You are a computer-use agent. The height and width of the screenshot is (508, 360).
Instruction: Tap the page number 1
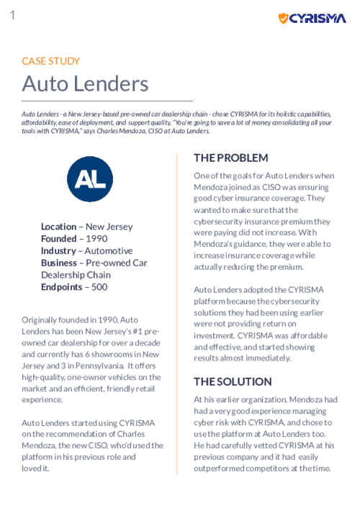[x=12, y=14]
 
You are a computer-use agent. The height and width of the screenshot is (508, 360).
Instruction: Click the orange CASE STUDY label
[x=50, y=61]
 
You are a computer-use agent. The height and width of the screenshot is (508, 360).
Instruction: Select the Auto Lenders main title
[x=85, y=83]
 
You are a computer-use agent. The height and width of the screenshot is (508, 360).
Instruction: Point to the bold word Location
[x=58, y=227]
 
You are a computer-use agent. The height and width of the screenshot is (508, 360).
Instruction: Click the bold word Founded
[x=58, y=239]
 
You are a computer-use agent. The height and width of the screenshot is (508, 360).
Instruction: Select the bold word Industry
[x=58, y=251]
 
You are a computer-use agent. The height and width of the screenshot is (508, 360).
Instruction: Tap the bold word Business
[x=60, y=263]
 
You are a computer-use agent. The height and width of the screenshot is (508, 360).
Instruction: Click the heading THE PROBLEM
[x=230, y=158]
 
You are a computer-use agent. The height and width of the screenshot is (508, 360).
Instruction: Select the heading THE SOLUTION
[x=233, y=381]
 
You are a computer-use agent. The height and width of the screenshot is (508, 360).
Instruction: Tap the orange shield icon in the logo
[x=284, y=18]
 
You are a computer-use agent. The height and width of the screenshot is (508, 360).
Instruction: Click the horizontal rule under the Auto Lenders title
[x=107, y=100]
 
